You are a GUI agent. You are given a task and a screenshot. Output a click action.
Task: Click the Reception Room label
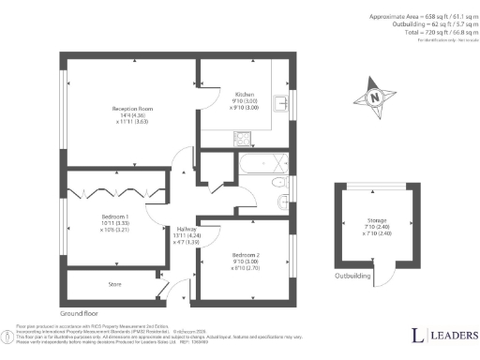[131, 108]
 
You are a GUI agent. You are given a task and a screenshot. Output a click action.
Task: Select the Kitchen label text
[244, 94]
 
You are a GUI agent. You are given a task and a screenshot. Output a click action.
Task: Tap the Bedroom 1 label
[115, 216]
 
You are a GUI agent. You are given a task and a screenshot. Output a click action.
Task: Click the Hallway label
[186, 229]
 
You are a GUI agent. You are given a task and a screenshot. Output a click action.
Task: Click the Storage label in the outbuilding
[364, 221]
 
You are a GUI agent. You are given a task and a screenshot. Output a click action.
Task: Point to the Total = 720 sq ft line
[433, 31]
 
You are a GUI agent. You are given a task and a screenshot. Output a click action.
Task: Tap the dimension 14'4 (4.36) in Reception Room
[132, 114]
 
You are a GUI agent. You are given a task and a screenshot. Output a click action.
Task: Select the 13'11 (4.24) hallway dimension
[186, 235]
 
